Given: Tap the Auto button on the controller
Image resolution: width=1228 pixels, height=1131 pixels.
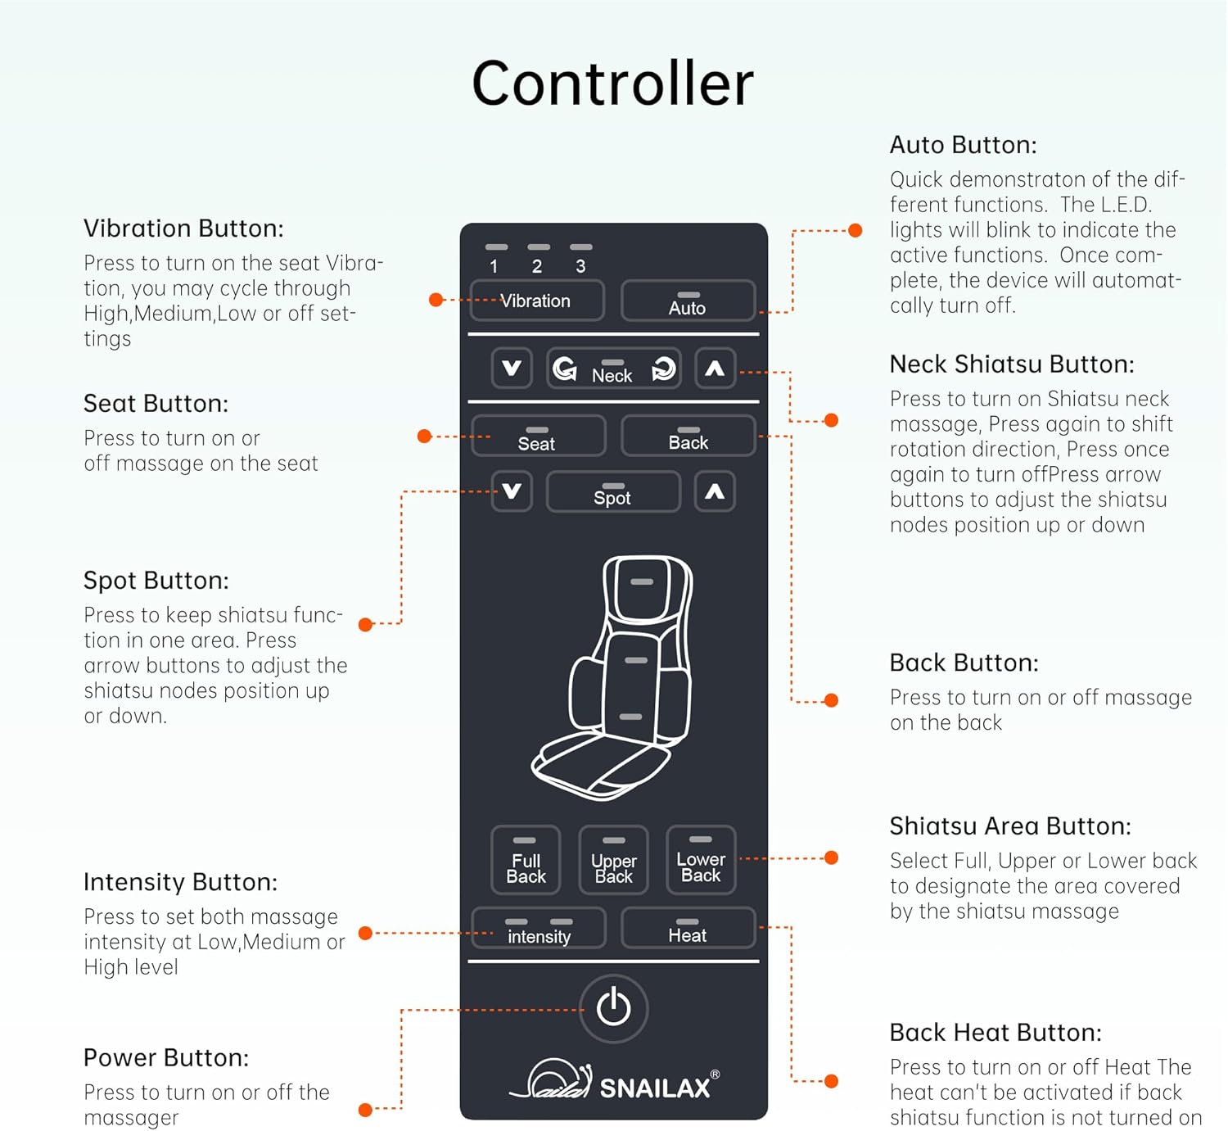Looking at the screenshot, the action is [x=688, y=301].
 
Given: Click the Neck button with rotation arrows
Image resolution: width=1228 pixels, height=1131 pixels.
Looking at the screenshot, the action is [x=613, y=369].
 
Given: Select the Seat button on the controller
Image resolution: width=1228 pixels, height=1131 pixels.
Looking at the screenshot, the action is [x=539, y=436].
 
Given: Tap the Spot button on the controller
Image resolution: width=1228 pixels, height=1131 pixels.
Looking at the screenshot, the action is [x=613, y=491].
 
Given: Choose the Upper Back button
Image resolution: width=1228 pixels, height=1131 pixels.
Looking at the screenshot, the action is [x=613, y=860].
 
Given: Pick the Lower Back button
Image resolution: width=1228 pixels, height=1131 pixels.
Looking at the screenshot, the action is [x=701, y=860].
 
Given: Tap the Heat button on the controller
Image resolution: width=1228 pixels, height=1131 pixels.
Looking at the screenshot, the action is [x=688, y=928].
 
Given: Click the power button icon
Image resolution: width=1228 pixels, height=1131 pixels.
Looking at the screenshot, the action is [x=613, y=1008].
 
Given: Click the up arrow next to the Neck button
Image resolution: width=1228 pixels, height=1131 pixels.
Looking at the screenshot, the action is [x=715, y=369].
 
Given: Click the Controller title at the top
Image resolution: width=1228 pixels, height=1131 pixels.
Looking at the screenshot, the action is [x=613, y=84].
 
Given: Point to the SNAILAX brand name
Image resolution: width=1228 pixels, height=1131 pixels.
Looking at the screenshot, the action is [x=654, y=1088].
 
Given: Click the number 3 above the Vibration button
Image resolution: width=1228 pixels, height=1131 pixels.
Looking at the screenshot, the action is [x=580, y=266].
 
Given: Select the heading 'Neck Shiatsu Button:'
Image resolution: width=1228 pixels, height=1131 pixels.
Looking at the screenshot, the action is [x=1011, y=364].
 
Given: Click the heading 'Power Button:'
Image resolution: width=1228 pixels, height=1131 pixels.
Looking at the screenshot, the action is [x=166, y=1058].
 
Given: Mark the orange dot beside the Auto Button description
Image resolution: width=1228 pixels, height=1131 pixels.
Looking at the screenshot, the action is [x=856, y=230].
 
